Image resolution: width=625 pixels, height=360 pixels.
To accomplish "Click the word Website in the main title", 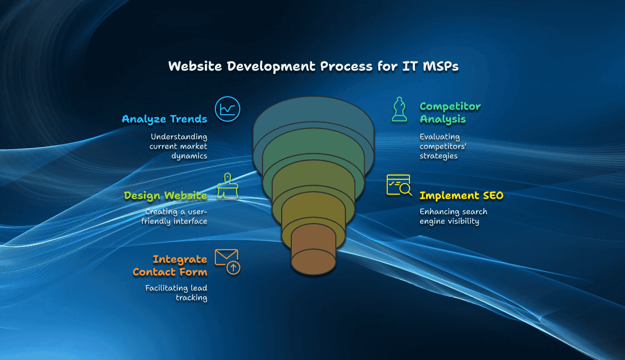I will click(193, 66).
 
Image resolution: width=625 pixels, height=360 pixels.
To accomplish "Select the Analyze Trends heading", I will click(164, 119).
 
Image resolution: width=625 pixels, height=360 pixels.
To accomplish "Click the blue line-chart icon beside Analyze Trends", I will click(228, 109).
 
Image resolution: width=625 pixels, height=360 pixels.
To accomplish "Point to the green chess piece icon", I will click(400, 109).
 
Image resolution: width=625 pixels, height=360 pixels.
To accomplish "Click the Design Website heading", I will click(166, 195).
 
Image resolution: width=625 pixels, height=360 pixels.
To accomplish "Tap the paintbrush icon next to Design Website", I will click(228, 187).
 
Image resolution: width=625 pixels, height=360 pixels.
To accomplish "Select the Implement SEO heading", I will click(461, 195).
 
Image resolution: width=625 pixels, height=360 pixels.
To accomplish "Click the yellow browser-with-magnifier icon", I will click(399, 185).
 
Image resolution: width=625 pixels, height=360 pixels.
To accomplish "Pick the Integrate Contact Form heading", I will click(170, 265).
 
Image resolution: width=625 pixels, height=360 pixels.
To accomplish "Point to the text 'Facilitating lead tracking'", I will click(177, 293).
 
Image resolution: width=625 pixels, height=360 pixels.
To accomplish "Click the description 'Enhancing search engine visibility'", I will click(453, 216).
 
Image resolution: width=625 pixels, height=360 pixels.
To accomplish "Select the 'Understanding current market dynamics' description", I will click(179, 146).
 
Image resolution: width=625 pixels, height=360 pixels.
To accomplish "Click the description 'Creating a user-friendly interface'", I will click(175, 216).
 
